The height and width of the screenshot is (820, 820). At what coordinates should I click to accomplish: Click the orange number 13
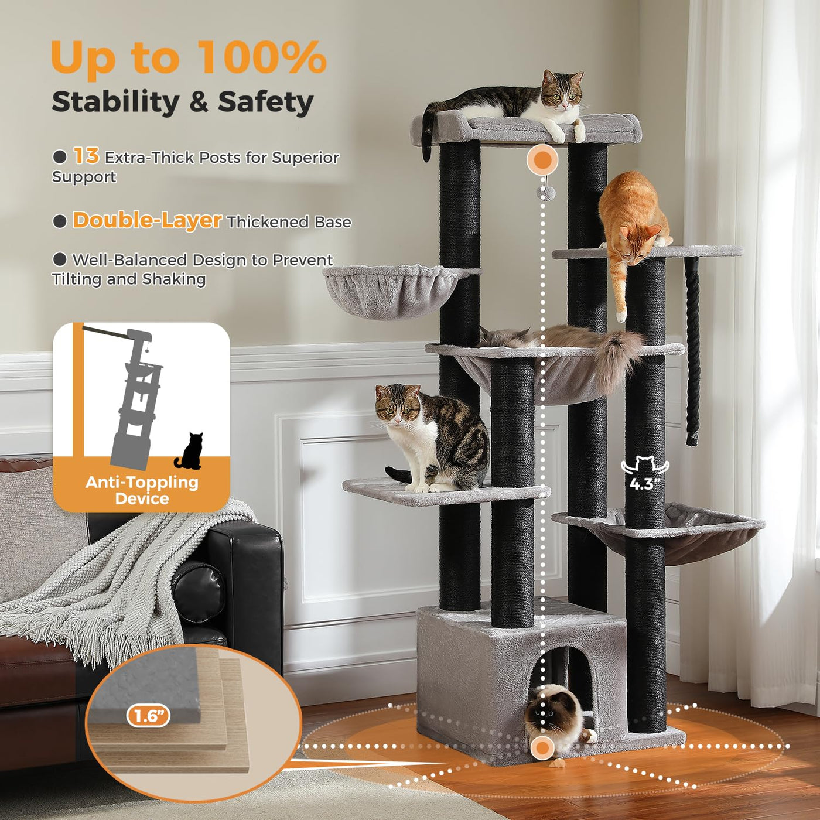click(86, 156)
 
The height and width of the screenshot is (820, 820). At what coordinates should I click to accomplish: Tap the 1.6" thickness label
click(148, 717)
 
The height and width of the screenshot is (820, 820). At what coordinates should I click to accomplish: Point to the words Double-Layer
click(147, 220)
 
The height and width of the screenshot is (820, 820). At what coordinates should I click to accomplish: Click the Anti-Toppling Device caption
click(142, 490)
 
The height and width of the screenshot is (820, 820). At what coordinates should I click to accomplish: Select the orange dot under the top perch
click(542, 159)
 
